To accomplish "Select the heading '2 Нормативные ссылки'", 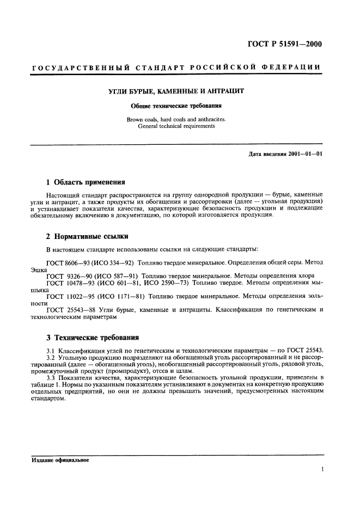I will (87, 236).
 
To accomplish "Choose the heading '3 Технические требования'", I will (92, 337).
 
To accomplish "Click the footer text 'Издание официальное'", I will (59, 459).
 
